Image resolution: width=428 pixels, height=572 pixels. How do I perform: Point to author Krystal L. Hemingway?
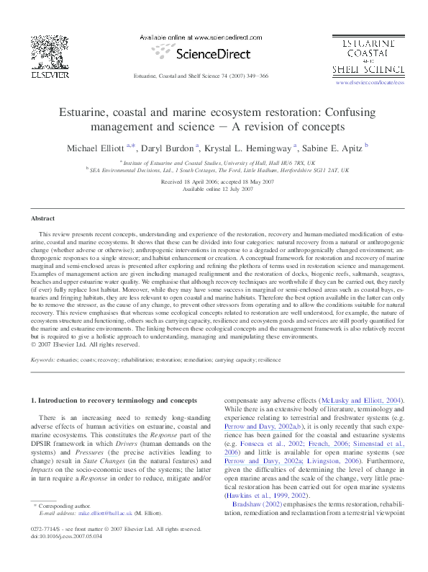pos(249,148)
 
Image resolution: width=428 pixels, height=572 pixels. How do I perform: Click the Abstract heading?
pos(42,218)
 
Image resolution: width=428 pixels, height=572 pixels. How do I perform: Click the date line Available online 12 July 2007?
pos(214,189)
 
